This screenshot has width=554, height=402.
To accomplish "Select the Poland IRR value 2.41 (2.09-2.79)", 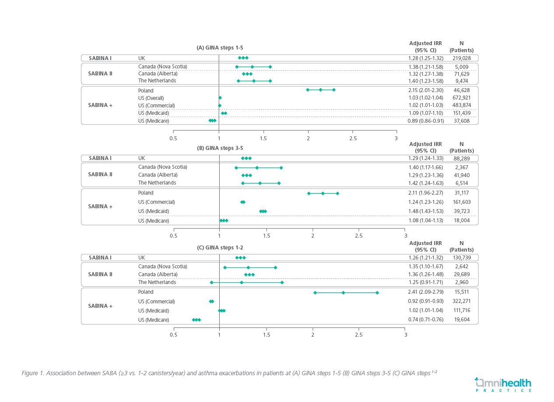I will coord(423,292).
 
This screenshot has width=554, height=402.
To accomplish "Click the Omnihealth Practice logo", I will coord(503,384).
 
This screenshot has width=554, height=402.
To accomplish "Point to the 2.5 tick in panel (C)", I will coord(359,335).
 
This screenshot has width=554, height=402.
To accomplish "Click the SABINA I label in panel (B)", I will coord(100,158).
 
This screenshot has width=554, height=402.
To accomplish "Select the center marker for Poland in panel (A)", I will coord(321,90).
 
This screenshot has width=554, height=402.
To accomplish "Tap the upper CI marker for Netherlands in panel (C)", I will coord(282,282).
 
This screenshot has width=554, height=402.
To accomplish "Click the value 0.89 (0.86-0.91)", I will coord(423,121).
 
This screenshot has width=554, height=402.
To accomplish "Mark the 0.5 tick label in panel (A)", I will coord(173,138).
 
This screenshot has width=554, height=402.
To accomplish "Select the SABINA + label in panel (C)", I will coord(100,306).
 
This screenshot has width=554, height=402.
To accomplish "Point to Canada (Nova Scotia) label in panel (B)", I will coord(163,167).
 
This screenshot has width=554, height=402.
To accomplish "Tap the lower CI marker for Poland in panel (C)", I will coord(315,292).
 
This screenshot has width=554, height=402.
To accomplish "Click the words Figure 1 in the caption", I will coord(32,373).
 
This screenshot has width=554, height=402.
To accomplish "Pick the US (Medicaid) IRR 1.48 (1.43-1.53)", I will coord(423,211).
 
